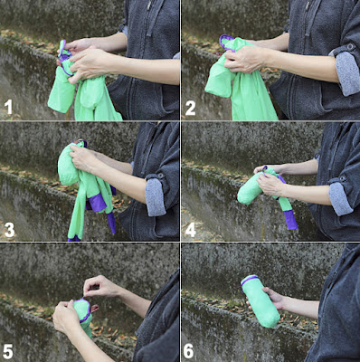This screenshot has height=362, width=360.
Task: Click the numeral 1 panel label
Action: (x=9, y=108)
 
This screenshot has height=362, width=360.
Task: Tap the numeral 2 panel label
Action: (x=191, y=108)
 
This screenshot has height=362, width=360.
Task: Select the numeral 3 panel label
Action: (x=9, y=230)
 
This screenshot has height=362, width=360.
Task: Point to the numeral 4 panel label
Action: (x=191, y=230)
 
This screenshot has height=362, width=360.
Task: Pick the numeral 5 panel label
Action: (x=8, y=352)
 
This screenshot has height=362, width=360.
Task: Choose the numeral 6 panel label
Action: (x=189, y=351)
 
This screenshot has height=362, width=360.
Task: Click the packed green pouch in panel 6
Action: (x=260, y=301)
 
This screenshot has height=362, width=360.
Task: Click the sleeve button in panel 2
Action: (x=350, y=47)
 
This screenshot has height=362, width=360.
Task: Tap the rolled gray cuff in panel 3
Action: (x=156, y=196)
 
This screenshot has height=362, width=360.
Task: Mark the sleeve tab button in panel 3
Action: (x=160, y=176)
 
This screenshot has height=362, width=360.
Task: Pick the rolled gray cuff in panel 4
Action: (x=341, y=198)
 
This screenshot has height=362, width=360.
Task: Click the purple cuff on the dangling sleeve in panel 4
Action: (x=290, y=219)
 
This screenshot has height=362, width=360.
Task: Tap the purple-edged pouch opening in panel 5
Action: (x=82, y=310)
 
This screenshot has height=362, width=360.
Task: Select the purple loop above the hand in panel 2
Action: (x=227, y=43)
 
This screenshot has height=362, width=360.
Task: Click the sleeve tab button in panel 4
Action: (x=343, y=178)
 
